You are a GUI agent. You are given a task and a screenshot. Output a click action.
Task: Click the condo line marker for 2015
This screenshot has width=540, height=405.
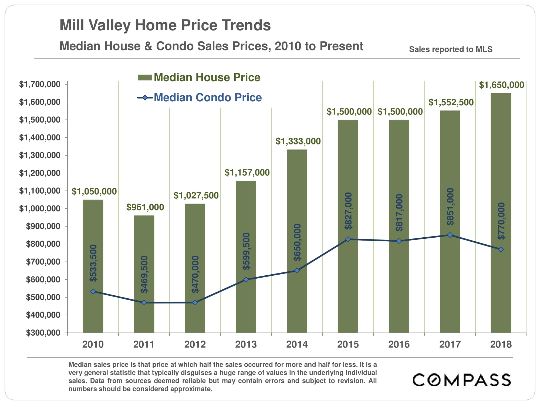(x=348, y=239)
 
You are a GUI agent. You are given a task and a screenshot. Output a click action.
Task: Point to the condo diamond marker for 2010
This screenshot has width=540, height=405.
(x=93, y=291)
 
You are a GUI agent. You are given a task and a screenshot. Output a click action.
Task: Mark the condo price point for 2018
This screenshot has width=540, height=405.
(x=501, y=249)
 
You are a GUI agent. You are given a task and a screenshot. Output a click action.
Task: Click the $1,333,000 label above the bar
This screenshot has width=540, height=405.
(x=298, y=141)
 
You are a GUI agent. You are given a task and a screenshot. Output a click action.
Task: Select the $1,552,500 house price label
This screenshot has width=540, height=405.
(x=451, y=102)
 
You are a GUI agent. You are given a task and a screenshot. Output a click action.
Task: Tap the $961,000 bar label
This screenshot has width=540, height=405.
(x=145, y=207)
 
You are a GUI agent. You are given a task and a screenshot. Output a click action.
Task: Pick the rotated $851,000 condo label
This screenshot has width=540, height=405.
(x=450, y=207)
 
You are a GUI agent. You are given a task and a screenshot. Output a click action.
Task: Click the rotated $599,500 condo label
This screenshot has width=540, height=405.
(x=246, y=251)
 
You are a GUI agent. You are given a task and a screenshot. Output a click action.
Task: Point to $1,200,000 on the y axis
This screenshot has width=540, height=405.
(x=40, y=173)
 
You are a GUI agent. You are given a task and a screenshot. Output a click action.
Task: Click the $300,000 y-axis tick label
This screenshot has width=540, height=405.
(x=43, y=333)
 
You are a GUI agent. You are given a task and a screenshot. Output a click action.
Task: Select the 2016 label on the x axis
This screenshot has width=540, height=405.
(x=399, y=345)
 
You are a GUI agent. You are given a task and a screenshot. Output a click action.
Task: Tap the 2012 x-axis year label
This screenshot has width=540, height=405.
(x=195, y=345)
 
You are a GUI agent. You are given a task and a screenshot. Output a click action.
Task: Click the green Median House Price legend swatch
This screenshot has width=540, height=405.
(x=145, y=77)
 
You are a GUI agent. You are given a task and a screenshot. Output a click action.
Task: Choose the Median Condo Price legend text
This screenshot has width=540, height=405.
(x=208, y=97)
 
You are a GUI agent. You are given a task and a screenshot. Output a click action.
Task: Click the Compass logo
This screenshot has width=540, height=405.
(x=462, y=380)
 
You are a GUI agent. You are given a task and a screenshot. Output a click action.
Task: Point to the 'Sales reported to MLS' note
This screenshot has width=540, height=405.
(x=451, y=49)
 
